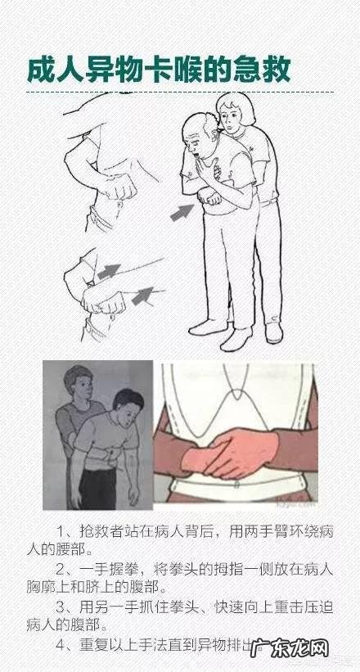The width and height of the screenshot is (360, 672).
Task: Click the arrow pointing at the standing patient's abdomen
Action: tap(182, 212)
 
